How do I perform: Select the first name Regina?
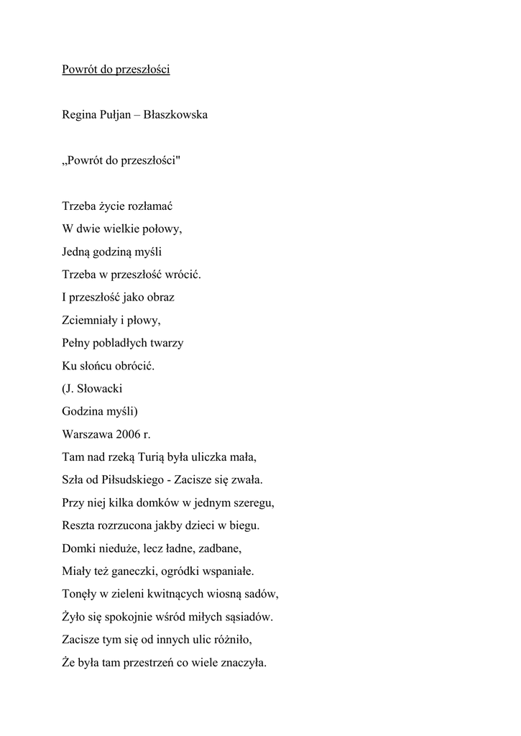tap(80, 114)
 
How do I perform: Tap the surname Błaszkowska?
tap(175, 114)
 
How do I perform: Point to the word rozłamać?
tap(150, 206)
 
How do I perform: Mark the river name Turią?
tap(144, 457)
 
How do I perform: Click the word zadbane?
tap(219, 549)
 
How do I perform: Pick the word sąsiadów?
tap(247, 617)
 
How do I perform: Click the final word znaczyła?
tap(242, 663)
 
